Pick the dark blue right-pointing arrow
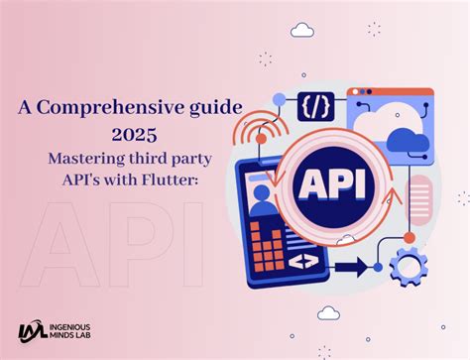351,267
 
